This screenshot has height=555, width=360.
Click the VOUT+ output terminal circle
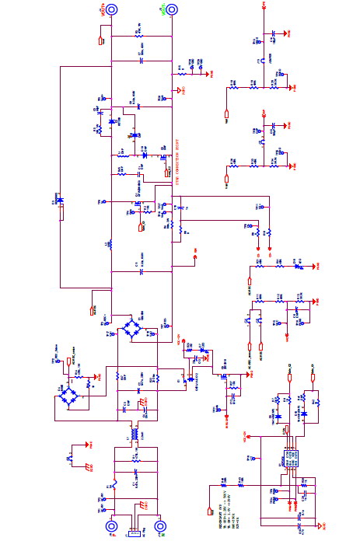pos(112,9)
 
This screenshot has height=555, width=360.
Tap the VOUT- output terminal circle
pos(171,9)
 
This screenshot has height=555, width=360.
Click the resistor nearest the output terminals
pos(140,34)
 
